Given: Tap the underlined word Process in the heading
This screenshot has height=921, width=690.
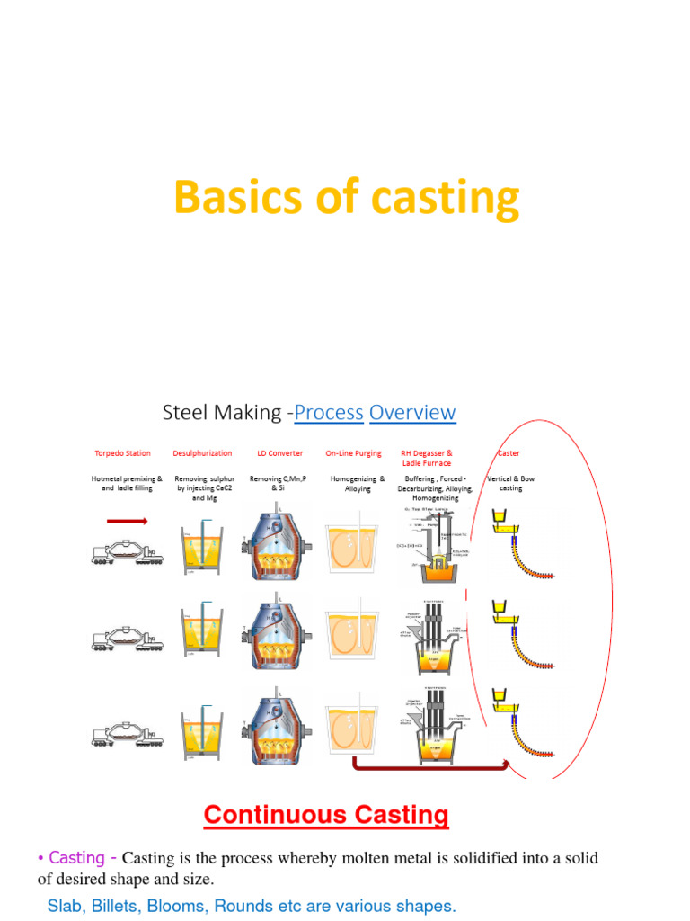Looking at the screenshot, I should click(328, 413).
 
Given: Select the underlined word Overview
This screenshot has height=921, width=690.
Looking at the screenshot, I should click(412, 413).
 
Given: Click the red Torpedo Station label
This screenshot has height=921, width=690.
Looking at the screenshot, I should click(123, 453).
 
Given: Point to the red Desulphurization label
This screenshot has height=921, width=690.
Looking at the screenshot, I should click(203, 453).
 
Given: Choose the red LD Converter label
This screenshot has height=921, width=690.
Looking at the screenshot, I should click(279, 453).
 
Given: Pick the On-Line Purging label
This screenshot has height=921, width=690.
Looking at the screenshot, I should click(353, 453).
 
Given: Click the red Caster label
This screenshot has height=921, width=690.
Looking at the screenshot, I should click(509, 453).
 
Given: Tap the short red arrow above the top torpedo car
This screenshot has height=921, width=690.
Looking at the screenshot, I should click(127, 521).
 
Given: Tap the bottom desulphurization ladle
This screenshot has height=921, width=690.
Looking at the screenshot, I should click(204, 733).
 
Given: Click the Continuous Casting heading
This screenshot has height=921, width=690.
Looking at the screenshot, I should click(326, 816).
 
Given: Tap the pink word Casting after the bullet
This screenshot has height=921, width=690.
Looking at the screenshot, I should click(76, 857).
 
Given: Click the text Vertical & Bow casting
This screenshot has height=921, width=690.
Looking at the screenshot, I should click(510, 483).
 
